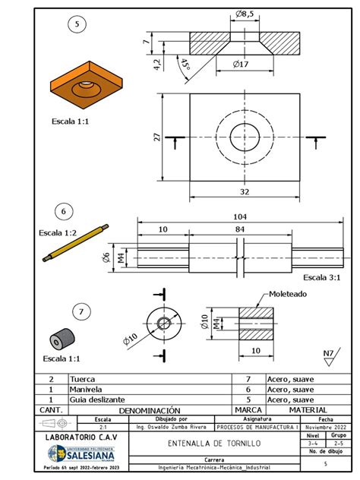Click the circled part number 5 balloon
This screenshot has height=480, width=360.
tap(75, 25)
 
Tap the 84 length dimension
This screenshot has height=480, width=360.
tap(239, 229)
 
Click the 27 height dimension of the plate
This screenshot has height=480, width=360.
tap(157, 137)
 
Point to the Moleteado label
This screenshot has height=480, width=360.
tap(286, 294)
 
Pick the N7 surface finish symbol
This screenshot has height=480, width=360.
tap(328, 354)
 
